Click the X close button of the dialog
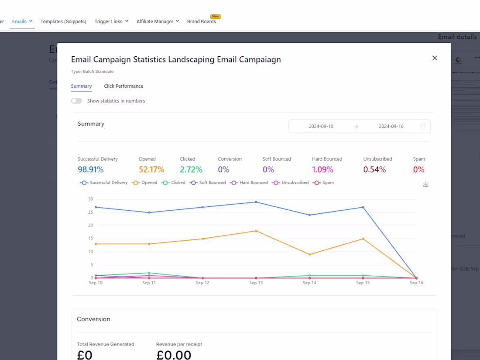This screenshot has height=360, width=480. (x=434, y=58)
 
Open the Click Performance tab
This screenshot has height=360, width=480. (x=123, y=86)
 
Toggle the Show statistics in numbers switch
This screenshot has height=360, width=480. (x=77, y=101)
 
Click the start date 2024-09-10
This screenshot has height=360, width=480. (x=321, y=126)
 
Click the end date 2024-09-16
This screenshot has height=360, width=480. (x=391, y=126)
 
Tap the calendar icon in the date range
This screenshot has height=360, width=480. (x=423, y=126)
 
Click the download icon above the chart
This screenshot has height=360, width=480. (x=426, y=184)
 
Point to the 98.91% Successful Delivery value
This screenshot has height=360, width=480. (x=91, y=169)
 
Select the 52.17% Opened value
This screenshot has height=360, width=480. (x=151, y=169)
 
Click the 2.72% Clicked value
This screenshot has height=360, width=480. (x=191, y=169)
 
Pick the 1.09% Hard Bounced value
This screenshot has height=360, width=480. (x=322, y=169)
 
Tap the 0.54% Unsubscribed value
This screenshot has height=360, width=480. (x=374, y=169)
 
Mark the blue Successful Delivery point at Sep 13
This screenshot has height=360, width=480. (x=256, y=202)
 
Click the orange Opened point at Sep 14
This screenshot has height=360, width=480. (x=310, y=254)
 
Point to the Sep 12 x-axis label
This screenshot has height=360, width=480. (x=202, y=283)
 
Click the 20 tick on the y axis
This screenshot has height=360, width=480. (x=91, y=225)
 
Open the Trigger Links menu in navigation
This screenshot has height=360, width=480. (x=111, y=21)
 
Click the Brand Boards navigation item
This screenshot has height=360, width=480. (x=202, y=21)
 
